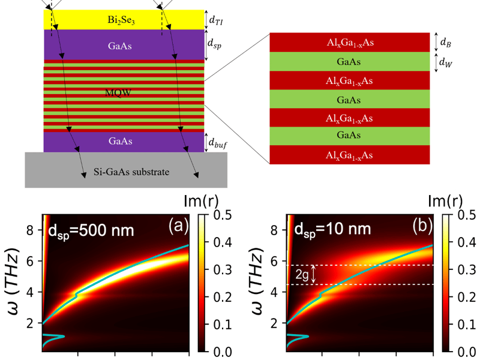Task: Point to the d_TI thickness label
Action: (x=217, y=20)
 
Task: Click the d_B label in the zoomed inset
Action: (x=445, y=42)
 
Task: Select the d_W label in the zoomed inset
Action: (x=445, y=62)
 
